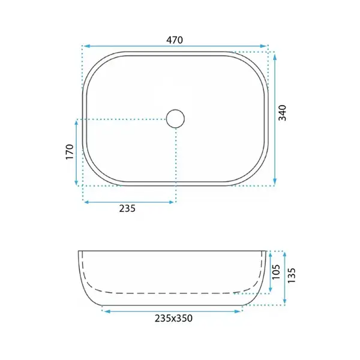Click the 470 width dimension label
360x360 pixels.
pos(175,40)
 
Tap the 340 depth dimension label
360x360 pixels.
pos(283,113)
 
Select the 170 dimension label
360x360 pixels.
pos(70,152)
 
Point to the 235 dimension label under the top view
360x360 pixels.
pos(127,208)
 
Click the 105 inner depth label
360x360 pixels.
pos(276,272)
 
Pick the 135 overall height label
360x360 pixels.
pos(292,275)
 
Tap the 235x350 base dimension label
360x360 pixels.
pos(173,318)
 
